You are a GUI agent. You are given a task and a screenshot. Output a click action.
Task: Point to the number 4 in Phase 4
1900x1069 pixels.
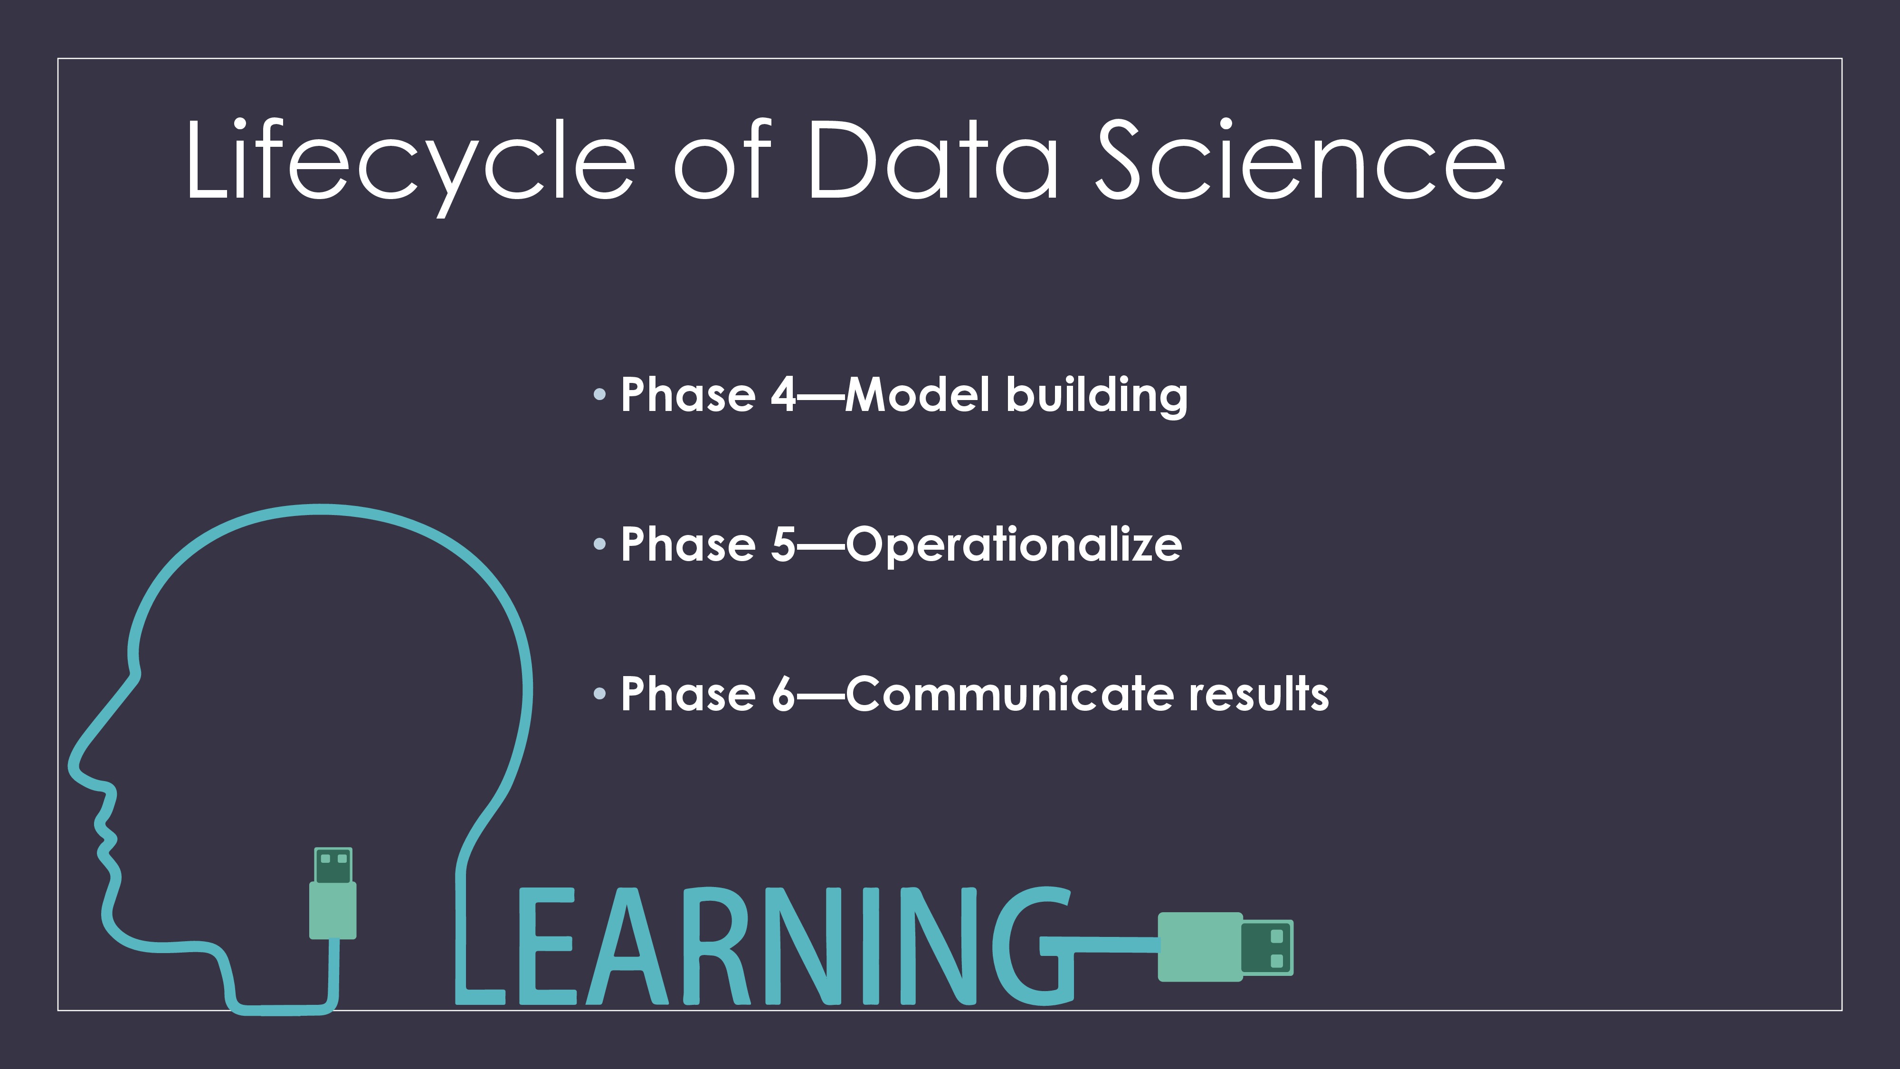[783, 395]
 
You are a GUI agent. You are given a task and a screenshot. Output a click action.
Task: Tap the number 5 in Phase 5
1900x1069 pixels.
[783, 544]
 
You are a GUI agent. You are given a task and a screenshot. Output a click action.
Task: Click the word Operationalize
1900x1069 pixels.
[1014, 546]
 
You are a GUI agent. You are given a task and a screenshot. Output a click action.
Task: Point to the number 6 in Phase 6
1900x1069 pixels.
[783, 694]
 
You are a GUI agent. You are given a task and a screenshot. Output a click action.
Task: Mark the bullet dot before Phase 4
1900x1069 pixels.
[599, 395]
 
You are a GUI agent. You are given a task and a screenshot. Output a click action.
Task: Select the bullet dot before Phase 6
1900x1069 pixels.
[599, 694]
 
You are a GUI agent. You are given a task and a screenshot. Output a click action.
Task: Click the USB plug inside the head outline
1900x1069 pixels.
[332, 893]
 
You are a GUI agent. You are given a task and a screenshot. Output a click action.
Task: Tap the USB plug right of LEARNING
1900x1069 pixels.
[1225, 947]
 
